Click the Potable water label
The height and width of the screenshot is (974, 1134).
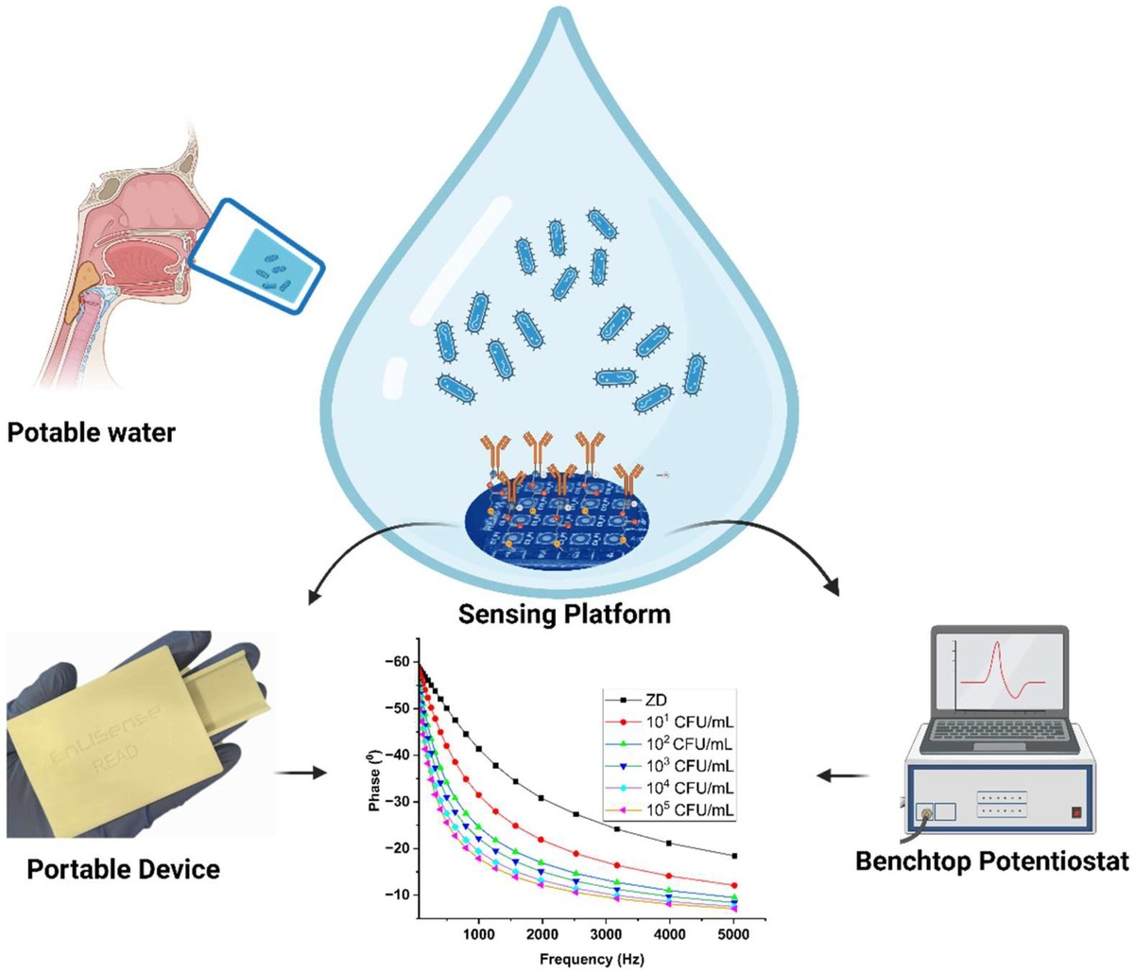(x=91, y=433)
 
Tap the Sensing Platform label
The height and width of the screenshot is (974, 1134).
(x=564, y=614)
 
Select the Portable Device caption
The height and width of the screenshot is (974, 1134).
(x=123, y=868)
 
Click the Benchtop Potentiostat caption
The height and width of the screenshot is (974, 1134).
(x=991, y=861)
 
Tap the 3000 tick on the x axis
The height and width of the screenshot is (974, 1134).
(x=607, y=934)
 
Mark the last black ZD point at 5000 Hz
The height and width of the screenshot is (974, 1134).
(x=734, y=856)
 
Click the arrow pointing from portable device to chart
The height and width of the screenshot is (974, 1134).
(x=301, y=773)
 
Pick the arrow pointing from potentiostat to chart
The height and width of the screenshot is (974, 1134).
(x=844, y=776)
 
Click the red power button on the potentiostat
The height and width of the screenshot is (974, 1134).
(x=1075, y=810)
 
